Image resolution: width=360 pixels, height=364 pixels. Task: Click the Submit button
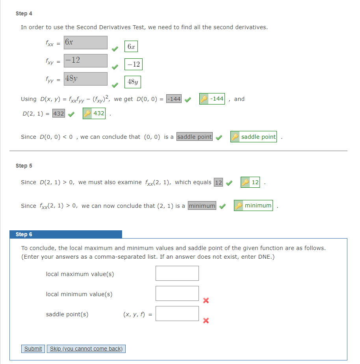[33, 349]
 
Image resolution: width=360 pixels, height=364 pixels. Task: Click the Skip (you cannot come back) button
[86, 349]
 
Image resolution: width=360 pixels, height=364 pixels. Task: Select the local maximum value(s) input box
[177, 273]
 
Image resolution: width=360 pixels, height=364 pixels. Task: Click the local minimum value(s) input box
[177, 293]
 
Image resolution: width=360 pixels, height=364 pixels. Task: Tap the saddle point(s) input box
[177, 314]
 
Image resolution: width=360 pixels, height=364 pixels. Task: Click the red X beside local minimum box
[205, 301]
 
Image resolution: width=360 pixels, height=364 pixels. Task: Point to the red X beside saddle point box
[205, 321]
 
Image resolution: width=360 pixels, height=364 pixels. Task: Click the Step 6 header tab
[66, 234]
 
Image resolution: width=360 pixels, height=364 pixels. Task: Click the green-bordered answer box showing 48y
[133, 82]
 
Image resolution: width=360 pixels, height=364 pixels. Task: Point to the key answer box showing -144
[212, 99]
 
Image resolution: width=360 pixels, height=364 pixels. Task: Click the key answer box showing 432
[94, 114]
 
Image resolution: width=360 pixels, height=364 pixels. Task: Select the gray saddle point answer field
[195, 137]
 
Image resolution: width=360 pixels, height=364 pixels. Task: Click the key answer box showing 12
[251, 182]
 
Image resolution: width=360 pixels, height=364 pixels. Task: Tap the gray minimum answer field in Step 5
[202, 206]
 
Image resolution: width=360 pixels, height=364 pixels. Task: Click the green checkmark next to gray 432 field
[71, 114]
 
